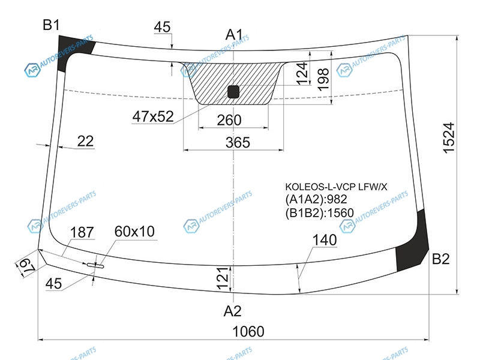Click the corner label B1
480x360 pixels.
[x=51, y=25]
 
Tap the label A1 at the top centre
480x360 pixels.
[x=234, y=34]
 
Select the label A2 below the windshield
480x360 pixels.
[x=232, y=311]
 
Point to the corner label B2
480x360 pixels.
[x=440, y=259]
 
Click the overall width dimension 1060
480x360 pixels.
[x=248, y=332]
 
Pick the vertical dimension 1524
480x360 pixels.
[x=449, y=138]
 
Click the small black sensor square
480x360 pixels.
[x=233, y=92]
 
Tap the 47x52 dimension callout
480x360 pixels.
[x=153, y=116]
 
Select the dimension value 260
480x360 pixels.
[x=229, y=121]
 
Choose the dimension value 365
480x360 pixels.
[x=238, y=143]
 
